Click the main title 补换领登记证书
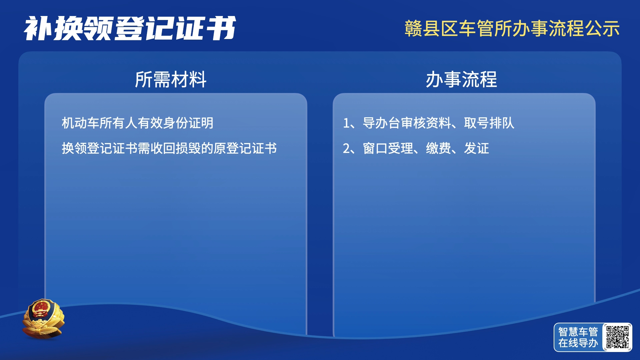tap(130, 28)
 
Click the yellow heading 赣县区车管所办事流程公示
tap(512, 28)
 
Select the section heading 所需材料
tap(171, 79)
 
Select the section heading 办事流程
tap(461, 79)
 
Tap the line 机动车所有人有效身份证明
tap(137, 123)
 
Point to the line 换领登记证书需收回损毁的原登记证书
tap(169, 148)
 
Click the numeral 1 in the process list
tap(346, 123)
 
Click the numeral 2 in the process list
tap(346, 149)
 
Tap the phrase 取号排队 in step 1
tap(489, 123)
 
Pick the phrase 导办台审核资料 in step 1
tap(407, 123)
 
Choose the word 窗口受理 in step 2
tap(388, 148)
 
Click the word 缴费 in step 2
tap(438, 148)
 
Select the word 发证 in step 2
tap(476, 148)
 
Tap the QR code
tap(617, 337)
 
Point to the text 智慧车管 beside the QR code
tap(578, 332)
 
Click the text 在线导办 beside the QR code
tap(578, 343)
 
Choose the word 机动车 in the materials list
tap(80, 123)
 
